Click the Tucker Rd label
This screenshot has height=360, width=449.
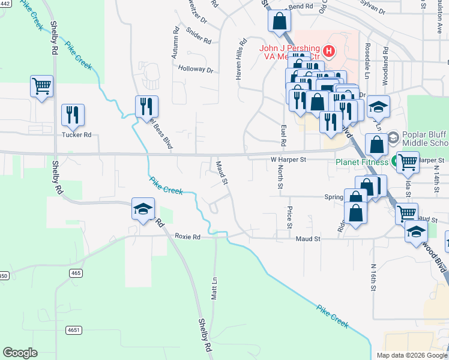point(76,135)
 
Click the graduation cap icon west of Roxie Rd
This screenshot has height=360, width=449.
point(143,208)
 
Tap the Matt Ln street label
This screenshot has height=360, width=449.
point(214,289)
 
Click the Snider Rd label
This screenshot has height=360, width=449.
point(199,36)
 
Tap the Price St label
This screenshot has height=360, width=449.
point(289,217)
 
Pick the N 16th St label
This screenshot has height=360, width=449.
point(373,277)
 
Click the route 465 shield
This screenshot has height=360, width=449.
point(75,273)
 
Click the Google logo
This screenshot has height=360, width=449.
point(20,353)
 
